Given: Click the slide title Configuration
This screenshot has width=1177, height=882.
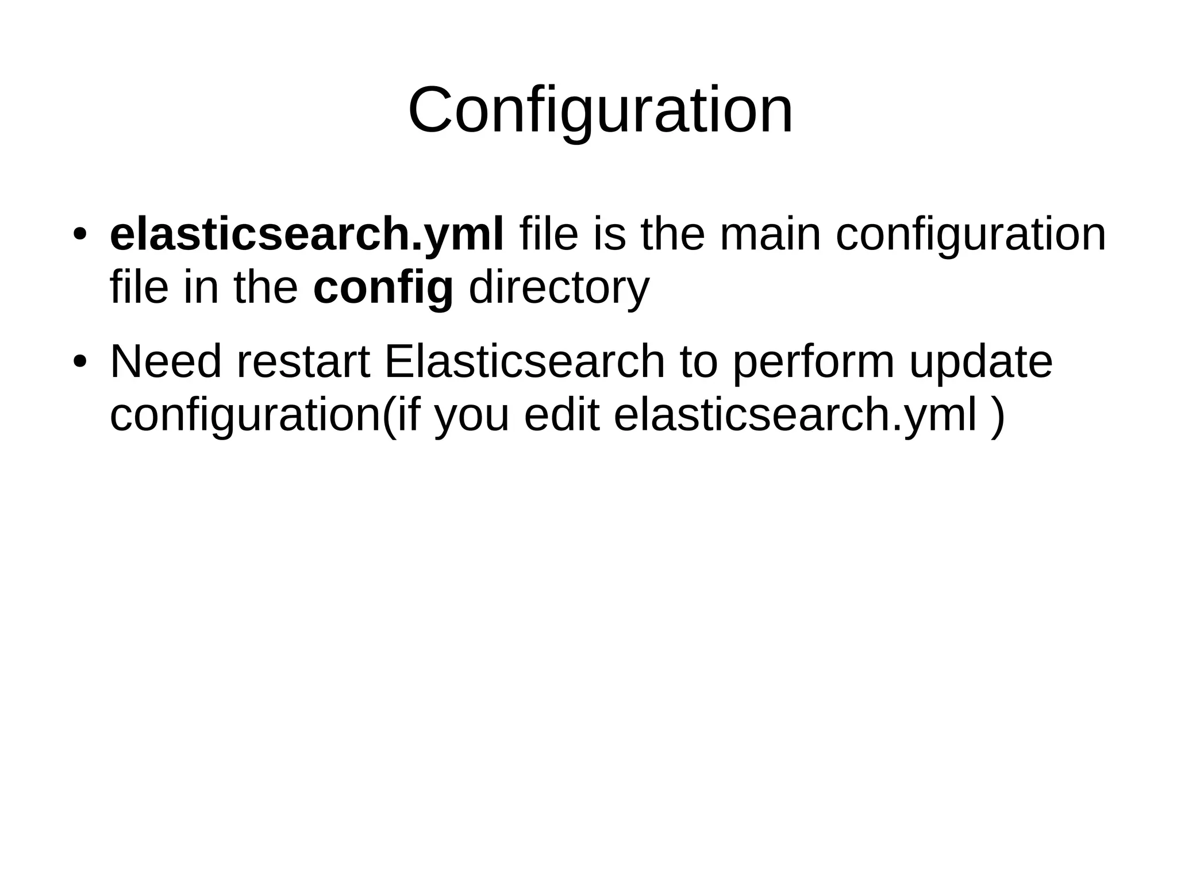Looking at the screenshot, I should tap(600, 110).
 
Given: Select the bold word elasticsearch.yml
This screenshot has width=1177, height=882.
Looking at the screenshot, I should tap(307, 234).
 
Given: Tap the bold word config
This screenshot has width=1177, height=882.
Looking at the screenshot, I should tap(383, 288).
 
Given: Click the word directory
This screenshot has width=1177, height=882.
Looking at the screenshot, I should tap(559, 288).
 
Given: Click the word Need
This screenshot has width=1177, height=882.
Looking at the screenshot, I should tap(166, 362).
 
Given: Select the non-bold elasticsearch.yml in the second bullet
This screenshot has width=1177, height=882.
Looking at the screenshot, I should tap(795, 415).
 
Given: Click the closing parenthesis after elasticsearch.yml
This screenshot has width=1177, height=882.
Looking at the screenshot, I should tap(998, 417).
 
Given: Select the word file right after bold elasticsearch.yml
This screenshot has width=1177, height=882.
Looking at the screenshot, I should tap(549, 234).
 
